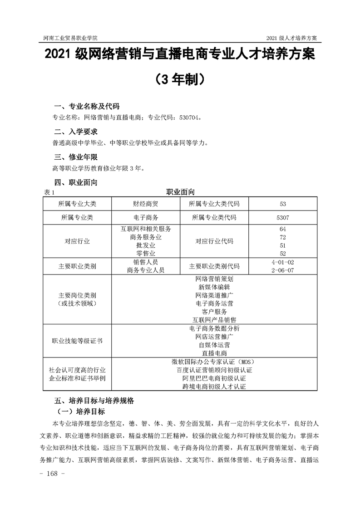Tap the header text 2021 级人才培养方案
pyautogui.click(x=291, y=37)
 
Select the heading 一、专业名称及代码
pyautogui.click(x=87, y=107)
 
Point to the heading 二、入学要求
pyautogui.click(x=75, y=132)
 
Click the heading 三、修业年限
pyautogui.click(x=75, y=157)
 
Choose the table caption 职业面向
pyautogui.click(x=181, y=192)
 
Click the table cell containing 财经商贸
pyautogui.click(x=146, y=204)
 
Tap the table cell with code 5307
pyautogui.click(x=282, y=218)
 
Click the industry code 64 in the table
pyautogui.click(x=282, y=229)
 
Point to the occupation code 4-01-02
pyautogui.click(x=282, y=262)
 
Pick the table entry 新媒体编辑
pyautogui.click(x=214, y=287)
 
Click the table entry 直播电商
pyautogui.click(x=214, y=352)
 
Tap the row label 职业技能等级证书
pyautogui.click(x=77, y=340)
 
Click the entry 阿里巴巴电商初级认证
pyautogui.click(x=214, y=378)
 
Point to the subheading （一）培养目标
pyautogui.click(x=80, y=412)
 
